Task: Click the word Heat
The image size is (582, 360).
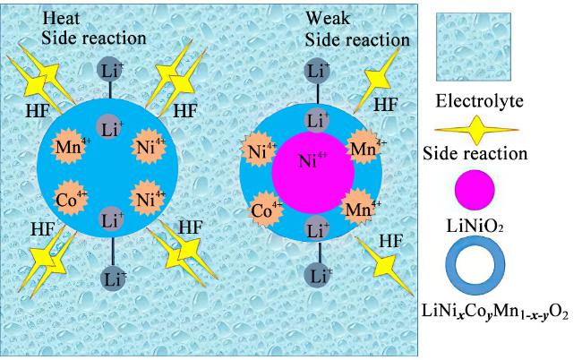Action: point(61,19)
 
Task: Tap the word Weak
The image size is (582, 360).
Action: point(328,18)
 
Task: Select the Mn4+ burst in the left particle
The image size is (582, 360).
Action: point(70,147)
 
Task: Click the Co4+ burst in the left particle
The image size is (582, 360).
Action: point(70,199)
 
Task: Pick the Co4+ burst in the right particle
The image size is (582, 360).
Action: point(266,210)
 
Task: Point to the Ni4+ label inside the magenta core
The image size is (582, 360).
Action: point(312,160)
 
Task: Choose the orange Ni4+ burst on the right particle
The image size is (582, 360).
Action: point(259,150)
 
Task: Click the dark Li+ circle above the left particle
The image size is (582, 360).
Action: point(110,70)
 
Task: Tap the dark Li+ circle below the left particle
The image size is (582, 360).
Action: point(114,278)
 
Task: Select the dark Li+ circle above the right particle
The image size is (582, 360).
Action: point(317,72)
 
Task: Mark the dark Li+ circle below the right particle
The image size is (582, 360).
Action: point(318,276)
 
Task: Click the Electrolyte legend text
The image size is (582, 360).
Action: point(479,101)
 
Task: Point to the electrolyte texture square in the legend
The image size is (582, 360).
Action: point(474,47)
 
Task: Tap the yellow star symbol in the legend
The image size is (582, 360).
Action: point(476,130)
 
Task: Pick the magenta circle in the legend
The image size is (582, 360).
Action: point(475,190)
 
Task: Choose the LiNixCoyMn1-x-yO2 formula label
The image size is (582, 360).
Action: point(495,311)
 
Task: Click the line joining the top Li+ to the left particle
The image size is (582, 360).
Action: point(110,90)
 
